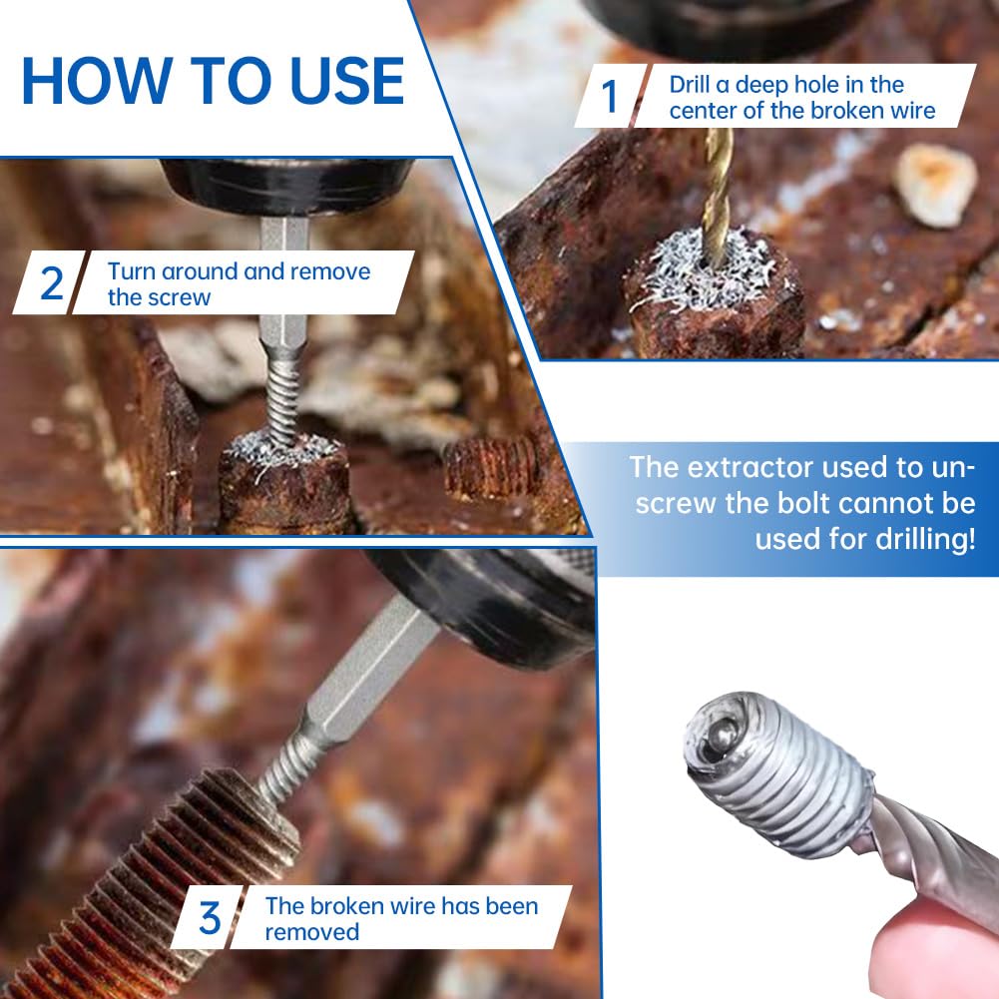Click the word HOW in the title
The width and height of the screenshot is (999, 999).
click(x=97, y=80)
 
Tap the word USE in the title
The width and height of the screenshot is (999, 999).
click(x=346, y=80)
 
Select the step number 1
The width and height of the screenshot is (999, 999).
click(x=610, y=96)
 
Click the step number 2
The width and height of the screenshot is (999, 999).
click(x=52, y=282)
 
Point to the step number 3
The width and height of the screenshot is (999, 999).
click(x=210, y=918)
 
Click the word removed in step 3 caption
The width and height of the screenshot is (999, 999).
click(x=312, y=932)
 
